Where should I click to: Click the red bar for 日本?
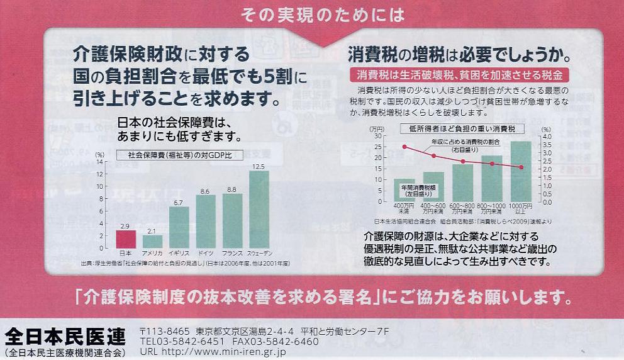point(125,239)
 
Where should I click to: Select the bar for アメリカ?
point(152,241)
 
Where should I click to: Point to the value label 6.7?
point(179,202)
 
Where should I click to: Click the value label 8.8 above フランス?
point(231,189)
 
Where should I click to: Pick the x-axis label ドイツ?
point(205,252)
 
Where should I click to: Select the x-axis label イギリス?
point(179,252)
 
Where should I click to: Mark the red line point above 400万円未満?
point(404,147)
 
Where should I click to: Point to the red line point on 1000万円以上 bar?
point(521,167)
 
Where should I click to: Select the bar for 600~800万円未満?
point(462,183)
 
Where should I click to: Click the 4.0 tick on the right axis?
point(547,136)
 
